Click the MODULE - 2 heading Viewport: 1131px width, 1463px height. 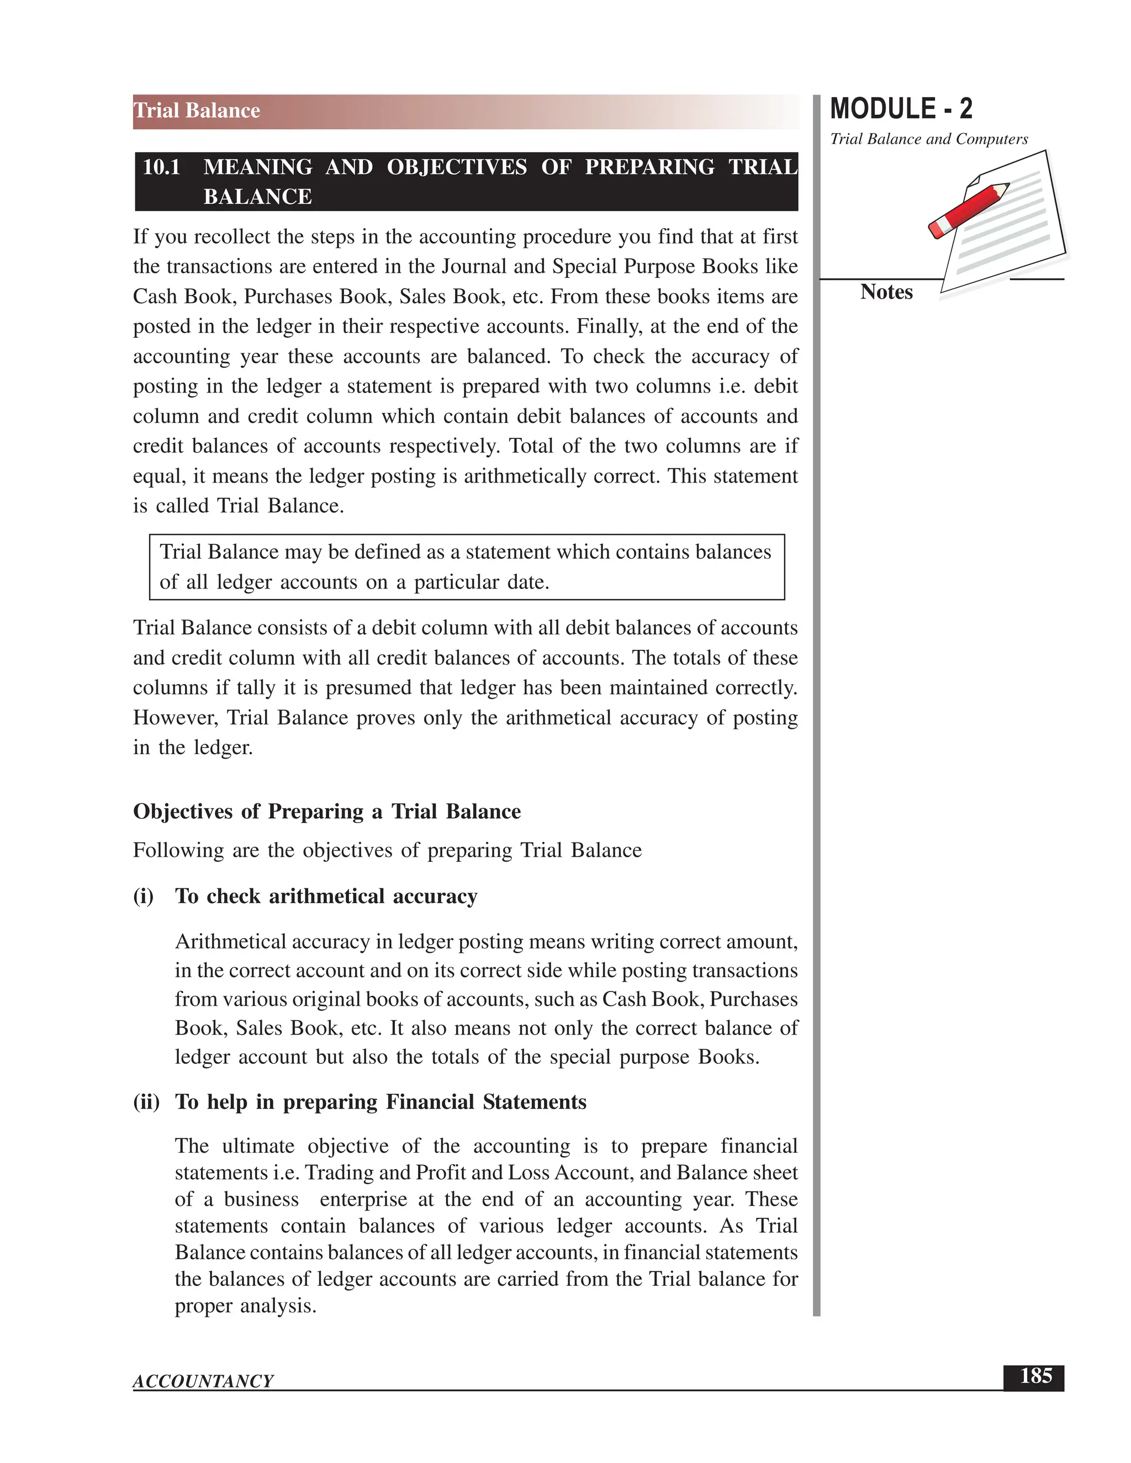[x=901, y=109]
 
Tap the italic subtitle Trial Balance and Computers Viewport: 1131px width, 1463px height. [x=929, y=139]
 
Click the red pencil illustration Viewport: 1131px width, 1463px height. [x=969, y=210]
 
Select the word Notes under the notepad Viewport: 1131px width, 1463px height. [x=886, y=292]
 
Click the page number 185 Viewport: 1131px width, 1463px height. [x=1035, y=1376]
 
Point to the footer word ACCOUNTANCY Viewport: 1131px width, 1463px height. [x=203, y=1381]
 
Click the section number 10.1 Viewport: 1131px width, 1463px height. [x=161, y=167]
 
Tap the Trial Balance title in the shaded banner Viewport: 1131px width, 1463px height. [x=197, y=110]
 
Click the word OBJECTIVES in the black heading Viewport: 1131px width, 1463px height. [x=456, y=167]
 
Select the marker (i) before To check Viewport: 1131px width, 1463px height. [x=144, y=896]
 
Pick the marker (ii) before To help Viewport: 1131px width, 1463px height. [x=146, y=1102]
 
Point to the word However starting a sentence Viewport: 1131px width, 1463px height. [x=176, y=718]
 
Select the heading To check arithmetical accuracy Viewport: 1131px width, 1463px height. [x=326, y=896]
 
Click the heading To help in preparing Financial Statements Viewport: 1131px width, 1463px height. [x=380, y=1102]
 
